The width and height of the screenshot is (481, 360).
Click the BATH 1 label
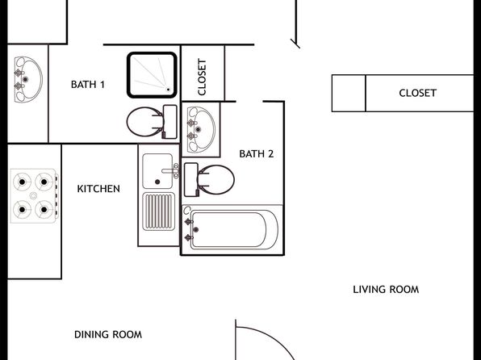tap(88, 85)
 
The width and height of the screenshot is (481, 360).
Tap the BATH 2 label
tap(256, 153)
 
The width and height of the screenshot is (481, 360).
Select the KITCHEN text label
tap(98, 189)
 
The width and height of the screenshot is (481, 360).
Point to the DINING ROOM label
tap(108, 334)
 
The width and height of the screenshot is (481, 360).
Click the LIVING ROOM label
tap(386, 290)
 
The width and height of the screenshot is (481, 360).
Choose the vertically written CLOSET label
tap(202, 77)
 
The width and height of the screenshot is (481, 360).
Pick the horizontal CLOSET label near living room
tap(417, 93)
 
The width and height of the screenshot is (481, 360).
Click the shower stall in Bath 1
tap(153, 75)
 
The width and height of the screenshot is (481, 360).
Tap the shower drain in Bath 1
tap(168, 90)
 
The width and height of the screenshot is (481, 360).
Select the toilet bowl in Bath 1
tap(144, 122)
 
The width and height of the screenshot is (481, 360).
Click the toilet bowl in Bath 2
tap(216, 180)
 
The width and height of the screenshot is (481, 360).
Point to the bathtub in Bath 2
tap(232, 229)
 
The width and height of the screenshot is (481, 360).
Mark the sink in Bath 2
tap(201, 129)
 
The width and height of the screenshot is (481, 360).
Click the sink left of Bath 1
tap(28, 79)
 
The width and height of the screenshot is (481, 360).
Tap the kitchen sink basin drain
tap(157, 182)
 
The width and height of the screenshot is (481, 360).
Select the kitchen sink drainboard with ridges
tap(159, 211)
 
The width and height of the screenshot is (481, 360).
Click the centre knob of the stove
tap(33, 195)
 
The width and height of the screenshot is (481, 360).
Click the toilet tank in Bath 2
tap(190, 179)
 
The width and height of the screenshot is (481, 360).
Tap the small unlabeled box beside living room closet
tap(349, 93)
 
